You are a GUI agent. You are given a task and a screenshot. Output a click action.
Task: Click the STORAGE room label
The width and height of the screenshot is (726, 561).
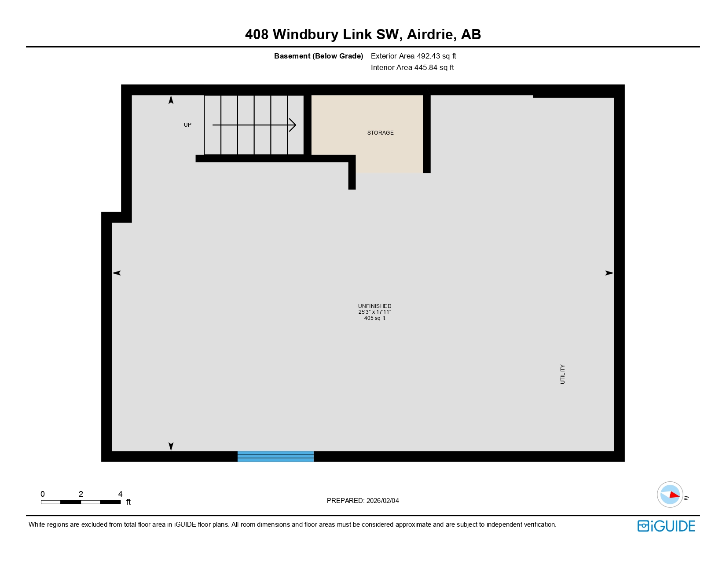[x=380, y=133]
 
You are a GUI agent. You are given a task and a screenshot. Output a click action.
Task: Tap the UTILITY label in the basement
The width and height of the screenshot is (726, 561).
[x=562, y=374]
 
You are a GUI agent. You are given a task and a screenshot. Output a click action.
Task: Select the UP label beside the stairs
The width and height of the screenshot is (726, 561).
[x=187, y=125]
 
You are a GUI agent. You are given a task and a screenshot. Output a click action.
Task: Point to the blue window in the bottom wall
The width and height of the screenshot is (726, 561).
[x=275, y=456]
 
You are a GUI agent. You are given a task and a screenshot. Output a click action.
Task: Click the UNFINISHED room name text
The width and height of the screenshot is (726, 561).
[x=374, y=306]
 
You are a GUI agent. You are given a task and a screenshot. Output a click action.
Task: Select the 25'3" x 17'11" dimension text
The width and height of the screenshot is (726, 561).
[x=374, y=312]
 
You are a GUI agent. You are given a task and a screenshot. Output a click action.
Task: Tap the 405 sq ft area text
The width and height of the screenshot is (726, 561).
[x=374, y=318]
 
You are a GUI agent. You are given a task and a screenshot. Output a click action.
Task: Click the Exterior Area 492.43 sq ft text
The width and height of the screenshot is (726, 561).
[x=413, y=56]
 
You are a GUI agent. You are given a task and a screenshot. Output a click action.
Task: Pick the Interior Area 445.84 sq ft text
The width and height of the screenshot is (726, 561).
[x=412, y=68]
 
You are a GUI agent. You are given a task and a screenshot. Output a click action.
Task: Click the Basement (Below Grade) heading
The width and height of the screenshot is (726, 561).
[x=319, y=56]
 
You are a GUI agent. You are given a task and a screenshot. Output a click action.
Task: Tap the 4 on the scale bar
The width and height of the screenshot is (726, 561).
[x=120, y=494]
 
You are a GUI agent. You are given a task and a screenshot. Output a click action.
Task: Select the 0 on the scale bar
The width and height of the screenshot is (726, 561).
[x=43, y=494]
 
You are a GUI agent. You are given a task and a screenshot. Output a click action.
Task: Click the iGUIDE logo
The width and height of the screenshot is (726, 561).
[x=666, y=526]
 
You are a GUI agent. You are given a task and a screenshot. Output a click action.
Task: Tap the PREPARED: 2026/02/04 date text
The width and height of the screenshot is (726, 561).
[x=363, y=501]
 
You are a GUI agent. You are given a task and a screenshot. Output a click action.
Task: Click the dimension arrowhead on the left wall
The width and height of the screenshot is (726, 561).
[x=117, y=273]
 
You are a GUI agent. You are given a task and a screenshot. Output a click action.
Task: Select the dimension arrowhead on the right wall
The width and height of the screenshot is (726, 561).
[x=609, y=273]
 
